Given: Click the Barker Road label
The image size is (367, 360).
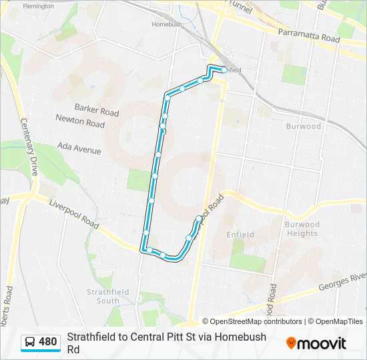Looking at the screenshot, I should coord(97,110).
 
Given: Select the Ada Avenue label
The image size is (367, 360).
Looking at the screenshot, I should coord(79,148).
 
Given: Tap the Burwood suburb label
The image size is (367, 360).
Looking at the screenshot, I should coord(304,126).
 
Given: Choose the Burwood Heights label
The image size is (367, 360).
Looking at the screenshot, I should coord(302,229).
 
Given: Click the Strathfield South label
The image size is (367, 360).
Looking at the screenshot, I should coord(103,296).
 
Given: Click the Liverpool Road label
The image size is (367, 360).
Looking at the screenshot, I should coord(73,217).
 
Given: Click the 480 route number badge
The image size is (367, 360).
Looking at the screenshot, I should coord(48,342).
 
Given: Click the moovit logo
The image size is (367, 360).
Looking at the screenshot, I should coord(316,343).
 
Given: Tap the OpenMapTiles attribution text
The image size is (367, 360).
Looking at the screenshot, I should coord(338,321).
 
